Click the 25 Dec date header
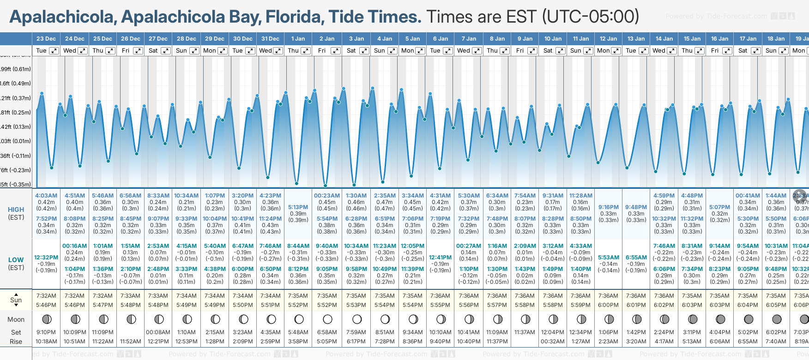[103, 39]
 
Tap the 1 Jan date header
[298, 39]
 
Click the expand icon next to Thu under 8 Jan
[505, 51]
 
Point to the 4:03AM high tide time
[46, 196]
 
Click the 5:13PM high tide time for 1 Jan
[298, 207]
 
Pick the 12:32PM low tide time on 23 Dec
[46, 258]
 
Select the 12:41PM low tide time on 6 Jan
[440, 258]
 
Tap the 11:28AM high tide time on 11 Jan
[580, 196]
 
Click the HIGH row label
[16, 210]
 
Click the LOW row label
[16, 260]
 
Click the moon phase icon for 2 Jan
[327, 319]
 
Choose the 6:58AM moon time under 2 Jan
[327, 332]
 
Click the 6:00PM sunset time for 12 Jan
[608, 305]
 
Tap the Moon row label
[16, 319]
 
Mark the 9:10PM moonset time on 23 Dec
[46, 332]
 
